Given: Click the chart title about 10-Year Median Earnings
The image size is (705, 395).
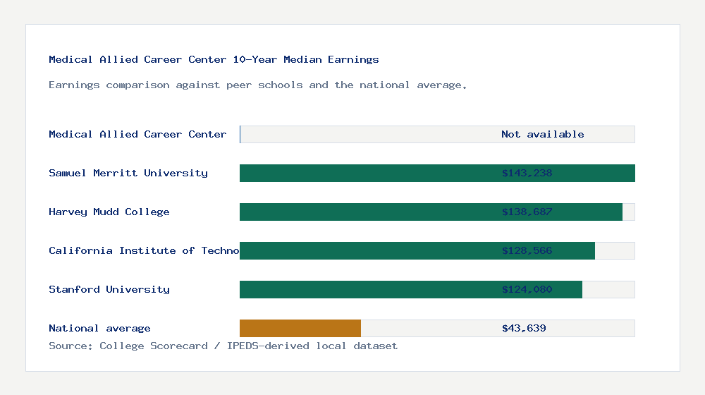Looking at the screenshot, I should click(214, 60).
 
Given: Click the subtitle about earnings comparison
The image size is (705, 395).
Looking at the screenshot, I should click(257, 85).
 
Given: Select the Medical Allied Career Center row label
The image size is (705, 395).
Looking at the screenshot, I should click(137, 134).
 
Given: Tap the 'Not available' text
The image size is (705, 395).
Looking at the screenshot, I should click(542, 134).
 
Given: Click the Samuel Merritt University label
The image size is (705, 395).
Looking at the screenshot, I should click(128, 173).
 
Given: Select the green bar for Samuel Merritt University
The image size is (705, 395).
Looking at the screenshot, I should click(367, 173).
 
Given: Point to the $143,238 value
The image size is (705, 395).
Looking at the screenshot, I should click(527, 173).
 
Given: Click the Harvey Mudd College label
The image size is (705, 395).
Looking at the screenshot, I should click(109, 212).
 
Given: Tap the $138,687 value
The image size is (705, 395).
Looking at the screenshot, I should click(527, 212).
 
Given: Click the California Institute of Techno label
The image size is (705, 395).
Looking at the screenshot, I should click(144, 250).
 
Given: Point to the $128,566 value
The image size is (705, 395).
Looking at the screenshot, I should click(527, 250).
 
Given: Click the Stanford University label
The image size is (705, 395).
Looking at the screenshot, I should click(109, 289).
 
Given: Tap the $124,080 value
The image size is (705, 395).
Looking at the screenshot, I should click(527, 289).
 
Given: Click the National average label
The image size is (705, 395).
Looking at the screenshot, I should click(99, 328).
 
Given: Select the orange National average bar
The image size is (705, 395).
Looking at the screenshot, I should click(300, 328).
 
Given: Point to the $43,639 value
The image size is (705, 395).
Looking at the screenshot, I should click(524, 328).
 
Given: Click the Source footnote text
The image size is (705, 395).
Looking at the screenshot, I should click(223, 346).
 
